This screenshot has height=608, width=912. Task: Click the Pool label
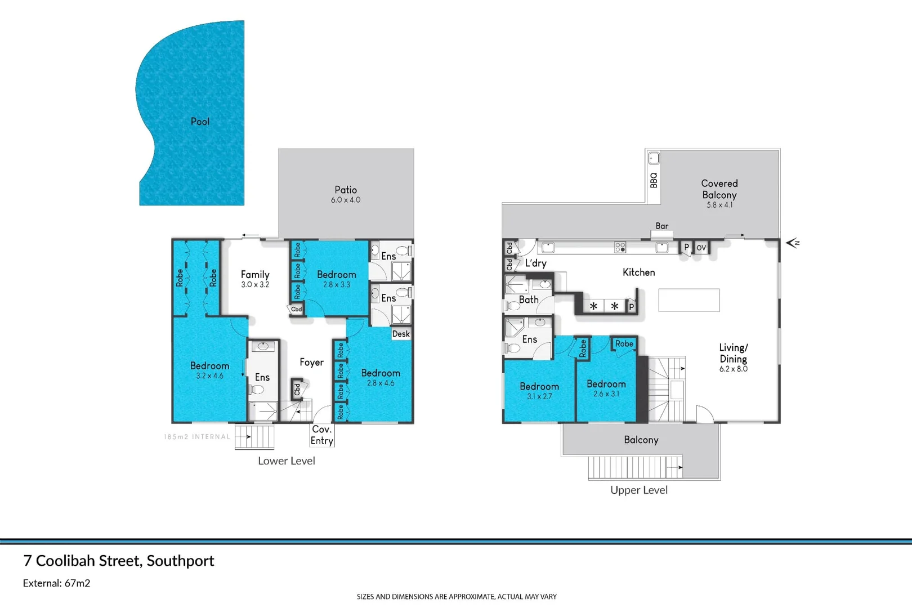[x=200, y=122]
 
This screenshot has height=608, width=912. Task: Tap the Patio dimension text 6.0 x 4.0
[x=346, y=200]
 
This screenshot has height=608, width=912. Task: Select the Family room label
[x=255, y=275]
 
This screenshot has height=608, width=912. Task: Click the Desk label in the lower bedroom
[x=401, y=334]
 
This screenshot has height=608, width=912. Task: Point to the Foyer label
[x=311, y=363]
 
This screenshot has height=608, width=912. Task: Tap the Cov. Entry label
[x=322, y=435]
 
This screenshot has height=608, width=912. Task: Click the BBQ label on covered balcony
[x=654, y=180]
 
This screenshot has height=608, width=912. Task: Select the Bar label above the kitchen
[x=662, y=226]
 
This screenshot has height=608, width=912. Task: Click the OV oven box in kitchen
[x=701, y=248]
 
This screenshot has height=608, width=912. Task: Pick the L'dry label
[x=535, y=263]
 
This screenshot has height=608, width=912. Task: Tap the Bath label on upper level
[x=529, y=300]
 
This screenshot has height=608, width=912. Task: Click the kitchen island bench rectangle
[x=689, y=300]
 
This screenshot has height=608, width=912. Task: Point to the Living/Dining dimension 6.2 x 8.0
[x=733, y=369]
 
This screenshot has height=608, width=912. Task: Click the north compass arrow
[x=793, y=243]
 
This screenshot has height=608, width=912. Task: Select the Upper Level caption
[x=639, y=490]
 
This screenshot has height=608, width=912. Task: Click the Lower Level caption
[x=287, y=461]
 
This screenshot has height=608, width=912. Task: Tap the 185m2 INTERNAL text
[x=197, y=437]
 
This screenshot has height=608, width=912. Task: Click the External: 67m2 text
[x=56, y=583]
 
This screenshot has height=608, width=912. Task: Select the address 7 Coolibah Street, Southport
[x=119, y=561]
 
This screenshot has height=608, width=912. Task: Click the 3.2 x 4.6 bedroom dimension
[x=209, y=376]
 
